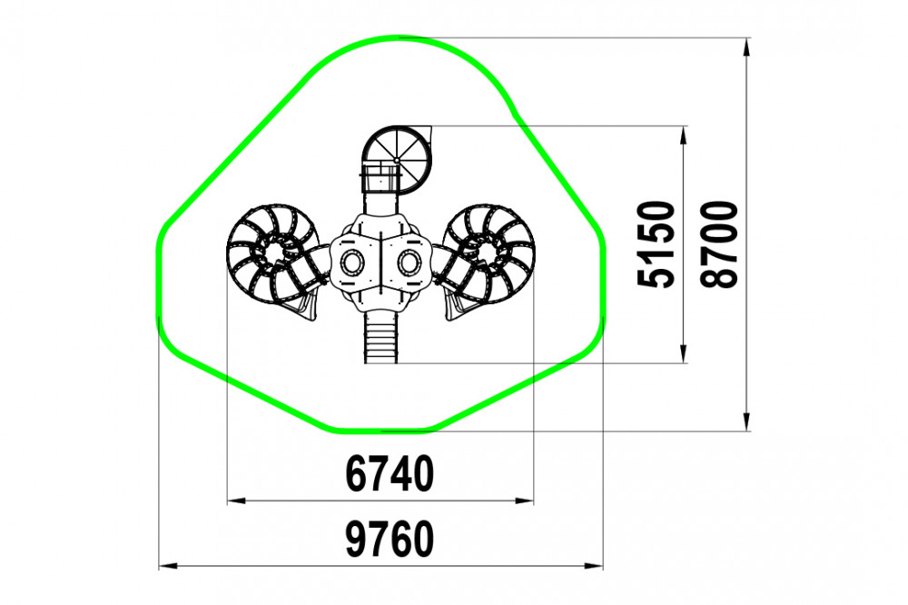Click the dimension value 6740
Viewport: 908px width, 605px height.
[x=390, y=473]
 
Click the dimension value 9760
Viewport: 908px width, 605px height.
[x=390, y=539]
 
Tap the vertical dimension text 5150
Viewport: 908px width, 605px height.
[x=656, y=244]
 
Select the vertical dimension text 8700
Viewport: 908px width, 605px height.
[x=719, y=244]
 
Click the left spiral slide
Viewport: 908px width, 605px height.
[x=272, y=256]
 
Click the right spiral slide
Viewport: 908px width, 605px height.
[x=489, y=256]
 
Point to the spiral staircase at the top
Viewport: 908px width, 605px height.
[x=397, y=159]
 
